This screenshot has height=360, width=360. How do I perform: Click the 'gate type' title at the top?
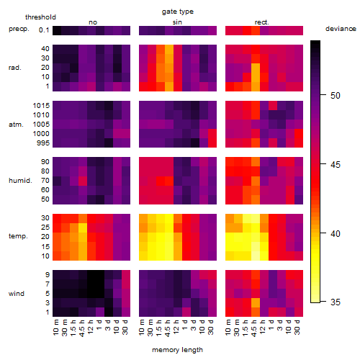point(178,12)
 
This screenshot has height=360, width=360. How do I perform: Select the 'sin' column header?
point(177,22)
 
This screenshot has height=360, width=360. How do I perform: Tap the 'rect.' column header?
point(262,22)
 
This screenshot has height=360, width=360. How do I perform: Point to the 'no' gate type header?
point(93,22)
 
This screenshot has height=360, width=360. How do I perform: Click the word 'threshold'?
point(40,17)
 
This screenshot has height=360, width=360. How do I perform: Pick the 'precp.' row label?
point(19,29)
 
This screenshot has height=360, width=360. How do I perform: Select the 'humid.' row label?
point(20,180)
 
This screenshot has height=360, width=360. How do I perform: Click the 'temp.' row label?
point(18,236)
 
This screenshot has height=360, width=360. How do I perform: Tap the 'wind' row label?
point(17,294)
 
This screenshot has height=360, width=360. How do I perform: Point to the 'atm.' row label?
point(16,125)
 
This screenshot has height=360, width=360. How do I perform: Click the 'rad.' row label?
point(15,68)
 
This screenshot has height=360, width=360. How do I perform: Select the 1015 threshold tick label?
point(41,106)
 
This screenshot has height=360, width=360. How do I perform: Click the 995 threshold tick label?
point(43,143)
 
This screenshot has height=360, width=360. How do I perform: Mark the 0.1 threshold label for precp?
point(44,30)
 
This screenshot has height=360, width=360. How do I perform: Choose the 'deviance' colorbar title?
point(341,29)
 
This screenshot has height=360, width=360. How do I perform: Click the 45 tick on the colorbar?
point(336,165)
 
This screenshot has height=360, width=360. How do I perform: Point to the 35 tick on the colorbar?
point(336,302)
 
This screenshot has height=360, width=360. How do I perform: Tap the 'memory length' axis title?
point(178,350)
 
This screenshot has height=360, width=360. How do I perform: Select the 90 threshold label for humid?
point(45,162)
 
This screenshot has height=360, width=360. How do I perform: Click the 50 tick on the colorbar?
point(336,96)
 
